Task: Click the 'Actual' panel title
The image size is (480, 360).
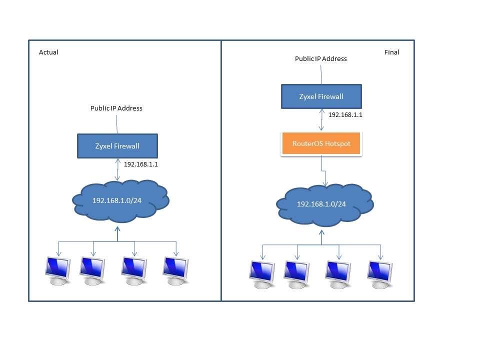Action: click(x=48, y=52)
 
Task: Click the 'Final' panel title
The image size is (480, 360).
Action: click(x=391, y=52)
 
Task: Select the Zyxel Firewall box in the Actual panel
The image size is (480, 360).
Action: click(x=117, y=146)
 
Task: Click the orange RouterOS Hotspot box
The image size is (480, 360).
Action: click(x=320, y=143)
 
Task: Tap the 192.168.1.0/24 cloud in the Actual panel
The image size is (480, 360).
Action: click(x=120, y=201)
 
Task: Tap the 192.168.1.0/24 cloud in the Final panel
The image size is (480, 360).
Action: click(x=324, y=204)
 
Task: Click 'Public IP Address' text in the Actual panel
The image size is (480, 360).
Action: click(x=116, y=108)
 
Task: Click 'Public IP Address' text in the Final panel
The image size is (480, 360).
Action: click(x=320, y=58)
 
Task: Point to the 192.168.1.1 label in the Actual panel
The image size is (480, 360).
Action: click(x=138, y=164)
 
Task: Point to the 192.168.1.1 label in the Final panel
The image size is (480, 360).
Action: click(x=345, y=115)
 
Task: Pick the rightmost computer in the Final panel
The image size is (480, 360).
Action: click(x=380, y=274)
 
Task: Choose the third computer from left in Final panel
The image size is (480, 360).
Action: click(x=338, y=274)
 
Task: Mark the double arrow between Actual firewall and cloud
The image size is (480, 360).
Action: click(x=117, y=170)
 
